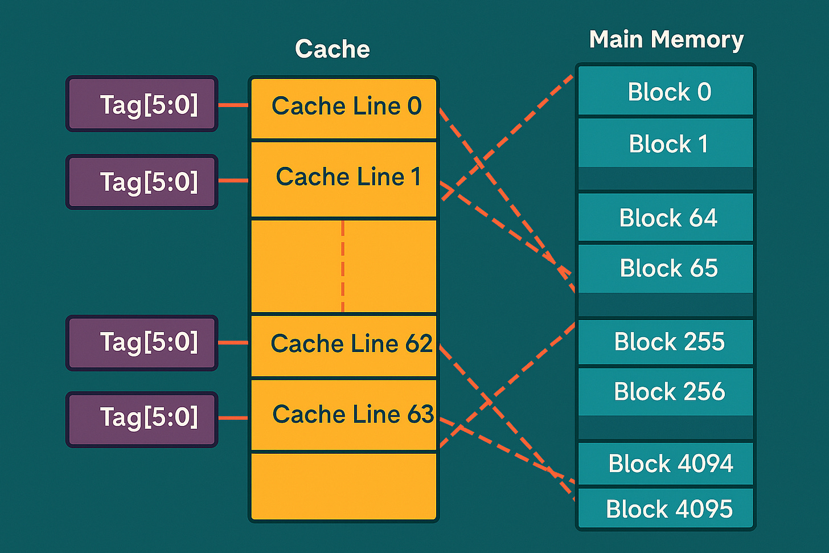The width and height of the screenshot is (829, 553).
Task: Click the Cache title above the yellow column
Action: pyautogui.click(x=333, y=49)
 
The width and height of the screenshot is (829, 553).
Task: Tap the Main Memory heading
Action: pyautogui.click(x=666, y=40)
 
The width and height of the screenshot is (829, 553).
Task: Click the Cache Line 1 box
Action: pyautogui.click(x=344, y=179)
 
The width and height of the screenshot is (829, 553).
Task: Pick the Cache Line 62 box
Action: pyautogui.click(x=344, y=345)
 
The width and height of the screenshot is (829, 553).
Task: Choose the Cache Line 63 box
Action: pyautogui.click(x=344, y=415)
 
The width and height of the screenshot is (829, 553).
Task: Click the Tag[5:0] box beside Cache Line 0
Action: pyautogui.click(x=142, y=104)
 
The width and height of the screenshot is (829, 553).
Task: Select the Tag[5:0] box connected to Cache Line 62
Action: pyautogui.click(x=142, y=343)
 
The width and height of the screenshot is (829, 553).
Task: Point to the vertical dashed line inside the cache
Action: pyautogui.click(x=343, y=265)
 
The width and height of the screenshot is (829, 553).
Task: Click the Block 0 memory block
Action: pyautogui.click(x=666, y=91)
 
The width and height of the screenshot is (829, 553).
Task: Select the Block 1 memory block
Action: pyautogui.click(x=666, y=144)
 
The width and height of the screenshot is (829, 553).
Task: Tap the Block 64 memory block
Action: pyautogui.click(x=666, y=218)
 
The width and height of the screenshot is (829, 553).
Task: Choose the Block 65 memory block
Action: pyautogui.click(x=666, y=268)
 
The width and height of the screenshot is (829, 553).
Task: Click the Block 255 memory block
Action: pyautogui.click(x=666, y=342)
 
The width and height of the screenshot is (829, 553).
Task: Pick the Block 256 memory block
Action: pyautogui.click(x=666, y=392)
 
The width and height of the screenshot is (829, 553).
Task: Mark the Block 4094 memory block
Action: pyautogui.click(x=666, y=464)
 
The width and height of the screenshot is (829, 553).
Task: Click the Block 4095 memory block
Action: pyautogui.click(x=666, y=509)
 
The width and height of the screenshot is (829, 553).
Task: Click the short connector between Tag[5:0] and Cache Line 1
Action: pyautogui.click(x=233, y=181)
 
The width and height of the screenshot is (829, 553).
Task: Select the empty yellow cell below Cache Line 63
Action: pyautogui.click(x=344, y=486)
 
